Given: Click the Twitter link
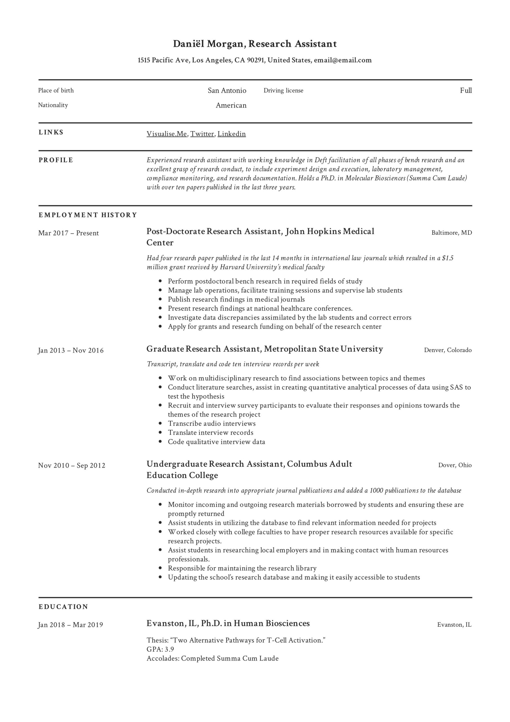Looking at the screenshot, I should [202, 134].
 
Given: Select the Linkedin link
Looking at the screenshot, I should [231, 134].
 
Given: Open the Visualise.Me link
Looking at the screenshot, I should [167, 134].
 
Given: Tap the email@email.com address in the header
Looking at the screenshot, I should [343, 60].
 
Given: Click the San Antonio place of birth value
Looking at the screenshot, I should [227, 91].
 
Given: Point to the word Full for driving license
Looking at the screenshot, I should [466, 91].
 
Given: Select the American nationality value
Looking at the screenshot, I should [231, 105].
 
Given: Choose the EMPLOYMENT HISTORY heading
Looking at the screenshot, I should [88, 215].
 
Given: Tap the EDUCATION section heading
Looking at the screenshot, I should [63, 607].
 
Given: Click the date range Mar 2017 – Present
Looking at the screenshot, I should [69, 233].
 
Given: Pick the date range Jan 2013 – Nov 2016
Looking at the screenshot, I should [71, 350].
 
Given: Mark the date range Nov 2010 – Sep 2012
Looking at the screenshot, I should [72, 465].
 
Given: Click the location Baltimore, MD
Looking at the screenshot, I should [452, 233].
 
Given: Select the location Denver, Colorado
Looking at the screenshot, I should [448, 350].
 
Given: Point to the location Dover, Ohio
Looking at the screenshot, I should [455, 465].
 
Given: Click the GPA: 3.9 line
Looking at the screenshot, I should [160, 649].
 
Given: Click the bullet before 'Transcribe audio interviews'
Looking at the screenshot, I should [160, 424].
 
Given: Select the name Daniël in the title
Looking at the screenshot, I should [188, 44].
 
